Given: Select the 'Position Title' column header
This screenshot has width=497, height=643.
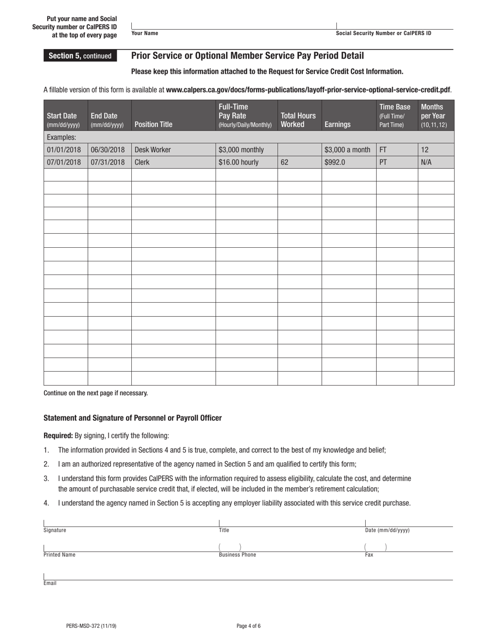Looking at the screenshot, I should pos(153,124).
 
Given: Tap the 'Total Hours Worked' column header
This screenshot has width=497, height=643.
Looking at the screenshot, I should pos(298,120).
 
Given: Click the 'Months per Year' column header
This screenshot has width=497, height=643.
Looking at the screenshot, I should pos(434,116).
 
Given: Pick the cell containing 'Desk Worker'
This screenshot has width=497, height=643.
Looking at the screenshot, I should pos(153,150).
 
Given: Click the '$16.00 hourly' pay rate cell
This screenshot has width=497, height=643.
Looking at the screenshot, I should pos(239,162).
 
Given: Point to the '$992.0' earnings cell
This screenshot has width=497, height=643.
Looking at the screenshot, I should pos(335,162).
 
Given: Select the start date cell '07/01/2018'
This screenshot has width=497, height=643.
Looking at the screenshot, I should pos(64,162).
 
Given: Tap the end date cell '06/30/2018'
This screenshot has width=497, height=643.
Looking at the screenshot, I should pos(108,150).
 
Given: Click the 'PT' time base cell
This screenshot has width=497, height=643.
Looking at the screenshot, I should pos(383,162).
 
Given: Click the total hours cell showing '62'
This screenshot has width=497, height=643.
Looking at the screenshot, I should pos(285,162).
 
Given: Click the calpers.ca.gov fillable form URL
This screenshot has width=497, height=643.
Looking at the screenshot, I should pos(308,89).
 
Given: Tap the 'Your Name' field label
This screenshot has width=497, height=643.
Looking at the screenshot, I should pos(145,33).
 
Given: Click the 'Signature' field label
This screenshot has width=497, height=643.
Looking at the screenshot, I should pos(55,530).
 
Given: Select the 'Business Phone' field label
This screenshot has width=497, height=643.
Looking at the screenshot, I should pos(238,555).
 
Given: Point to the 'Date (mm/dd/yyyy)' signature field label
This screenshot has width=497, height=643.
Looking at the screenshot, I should pos(387,530).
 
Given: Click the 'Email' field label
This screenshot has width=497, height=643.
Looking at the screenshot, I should pos(50,583).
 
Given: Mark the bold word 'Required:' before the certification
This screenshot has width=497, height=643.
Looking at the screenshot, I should pos(59,435).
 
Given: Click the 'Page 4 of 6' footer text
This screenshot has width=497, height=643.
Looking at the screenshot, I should pos(249,626).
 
